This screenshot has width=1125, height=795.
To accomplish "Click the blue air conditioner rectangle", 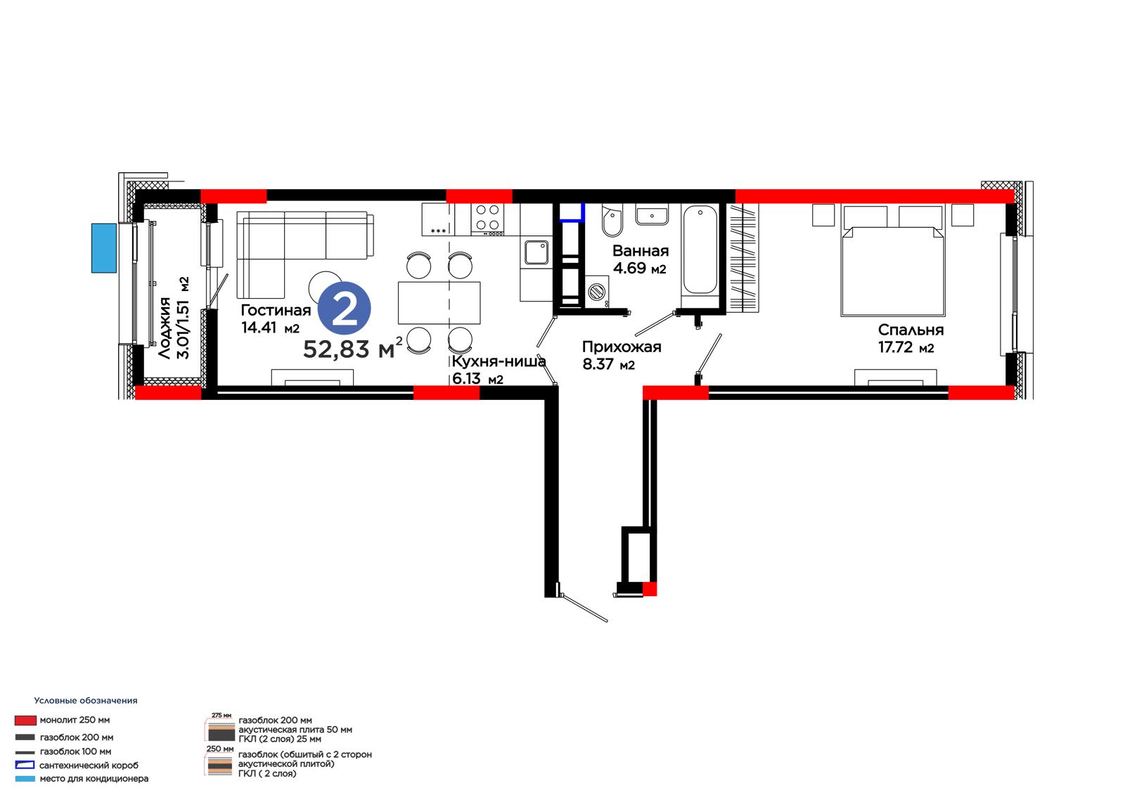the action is click(104, 249).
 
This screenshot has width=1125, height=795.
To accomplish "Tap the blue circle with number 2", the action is click(345, 309).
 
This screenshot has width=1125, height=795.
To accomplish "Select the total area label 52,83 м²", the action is click(353, 349).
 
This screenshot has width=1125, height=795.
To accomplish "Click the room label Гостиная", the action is click(276, 311).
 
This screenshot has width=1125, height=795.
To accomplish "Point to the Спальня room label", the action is click(911, 330).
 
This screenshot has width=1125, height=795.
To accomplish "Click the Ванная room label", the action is click(641, 251).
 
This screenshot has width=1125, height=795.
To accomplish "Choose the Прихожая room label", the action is click(622, 347).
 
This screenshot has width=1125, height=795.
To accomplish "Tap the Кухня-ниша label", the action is click(499, 361).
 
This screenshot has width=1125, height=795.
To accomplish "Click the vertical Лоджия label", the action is click(165, 328).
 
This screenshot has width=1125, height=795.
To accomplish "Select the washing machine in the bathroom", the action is click(597, 291).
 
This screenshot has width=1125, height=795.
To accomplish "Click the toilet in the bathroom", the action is click(612, 220).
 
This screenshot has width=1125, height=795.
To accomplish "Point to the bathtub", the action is click(700, 250).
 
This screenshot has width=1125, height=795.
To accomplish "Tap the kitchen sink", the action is click(536, 252).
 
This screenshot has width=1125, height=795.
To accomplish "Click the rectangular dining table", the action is click(439, 303).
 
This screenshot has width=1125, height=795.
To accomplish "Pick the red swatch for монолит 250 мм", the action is click(25, 720).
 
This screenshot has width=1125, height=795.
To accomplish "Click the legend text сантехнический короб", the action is click(89, 765).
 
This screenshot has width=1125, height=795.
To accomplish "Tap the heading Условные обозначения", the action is click(86, 701).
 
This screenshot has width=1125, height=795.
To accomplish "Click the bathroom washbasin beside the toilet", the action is click(652, 214).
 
